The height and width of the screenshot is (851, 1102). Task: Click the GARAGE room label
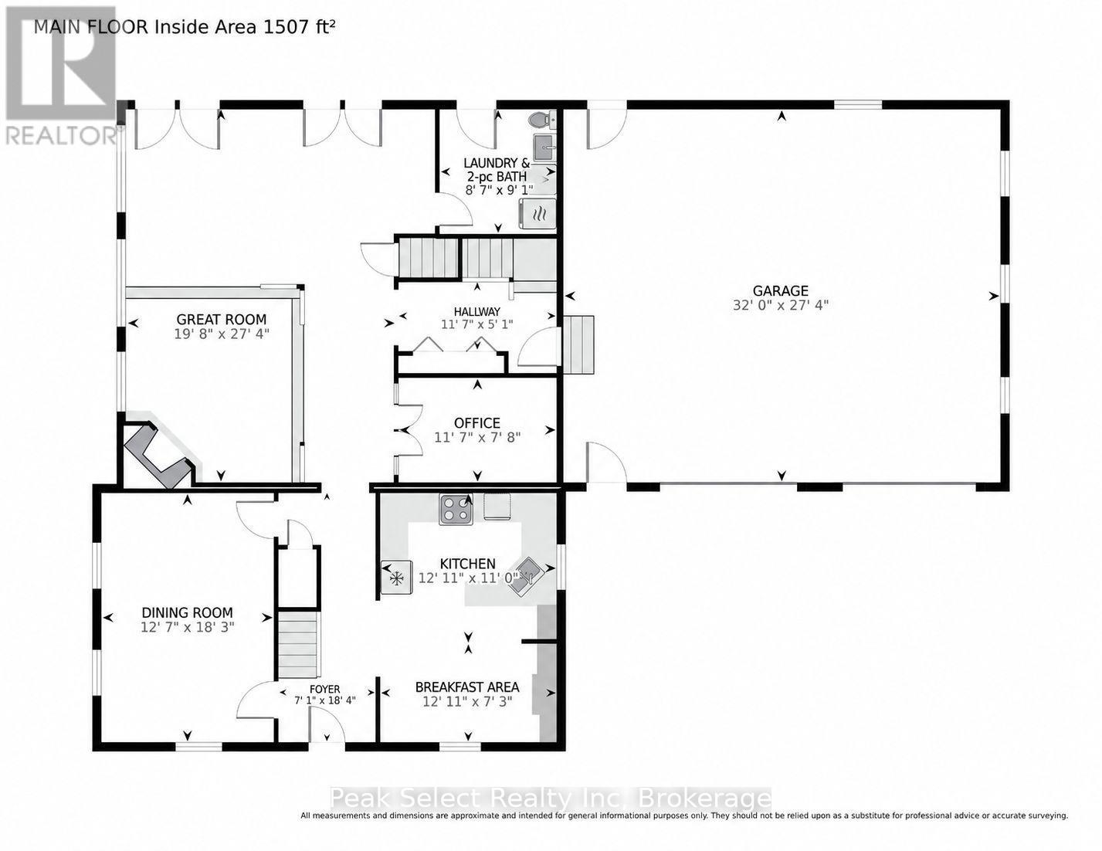click(x=780, y=290)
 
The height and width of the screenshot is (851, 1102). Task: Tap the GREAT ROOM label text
click(x=222, y=320)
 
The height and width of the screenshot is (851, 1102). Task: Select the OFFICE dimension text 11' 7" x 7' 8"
click(x=477, y=436)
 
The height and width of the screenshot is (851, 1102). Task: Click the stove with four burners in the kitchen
click(x=456, y=509)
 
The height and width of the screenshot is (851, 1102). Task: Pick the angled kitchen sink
click(x=527, y=575)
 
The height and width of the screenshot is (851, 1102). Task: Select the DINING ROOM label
click(x=188, y=612)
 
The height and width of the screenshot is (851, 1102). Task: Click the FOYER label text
click(x=325, y=690)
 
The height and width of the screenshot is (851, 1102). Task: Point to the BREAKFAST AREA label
click(x=467, y=687)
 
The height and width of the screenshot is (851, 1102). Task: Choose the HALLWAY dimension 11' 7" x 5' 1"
click(x=477, y=324)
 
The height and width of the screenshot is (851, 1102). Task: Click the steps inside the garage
click(x=578, y=344)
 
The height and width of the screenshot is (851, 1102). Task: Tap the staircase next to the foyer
click(x=299, y=644)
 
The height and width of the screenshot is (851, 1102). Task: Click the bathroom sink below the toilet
click(x=544, y=147)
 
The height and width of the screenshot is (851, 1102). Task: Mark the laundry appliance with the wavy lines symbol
click(x=537, y=214)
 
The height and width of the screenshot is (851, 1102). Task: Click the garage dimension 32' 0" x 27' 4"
click(x=781, y=305)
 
